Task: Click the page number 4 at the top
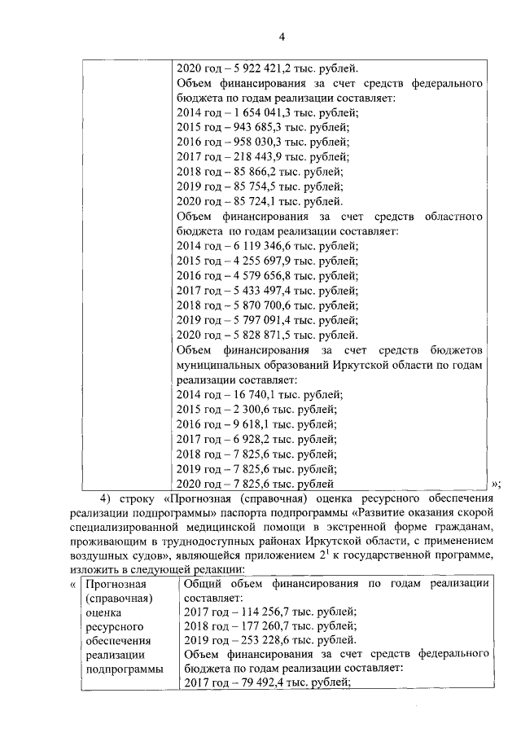282,37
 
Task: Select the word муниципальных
221,365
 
